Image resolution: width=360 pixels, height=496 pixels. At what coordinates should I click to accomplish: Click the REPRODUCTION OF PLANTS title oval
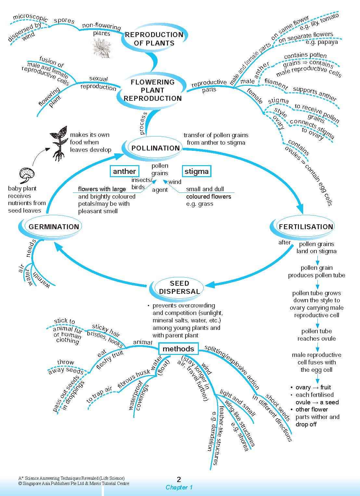point(154,39)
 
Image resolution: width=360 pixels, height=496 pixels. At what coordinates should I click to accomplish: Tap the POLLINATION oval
point(155,148)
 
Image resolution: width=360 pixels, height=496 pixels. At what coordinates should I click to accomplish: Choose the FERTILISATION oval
point(306,227)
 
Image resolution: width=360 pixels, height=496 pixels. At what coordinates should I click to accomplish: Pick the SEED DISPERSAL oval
point(179,287)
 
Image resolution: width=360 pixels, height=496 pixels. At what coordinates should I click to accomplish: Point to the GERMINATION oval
point(54,227)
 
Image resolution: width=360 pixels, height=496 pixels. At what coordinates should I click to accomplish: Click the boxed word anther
point(124,171)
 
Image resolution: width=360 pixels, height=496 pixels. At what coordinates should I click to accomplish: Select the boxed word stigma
point(196,171)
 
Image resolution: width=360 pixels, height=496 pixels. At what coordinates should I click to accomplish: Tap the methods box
point(178,349)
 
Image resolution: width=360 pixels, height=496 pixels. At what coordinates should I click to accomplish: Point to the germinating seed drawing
point(26,176)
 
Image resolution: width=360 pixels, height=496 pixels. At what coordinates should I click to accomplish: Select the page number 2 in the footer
point(179,479)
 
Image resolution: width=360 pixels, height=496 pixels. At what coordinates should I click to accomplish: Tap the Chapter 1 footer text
point(179,487)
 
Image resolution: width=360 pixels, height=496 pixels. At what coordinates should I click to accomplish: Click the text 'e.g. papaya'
point(322,42)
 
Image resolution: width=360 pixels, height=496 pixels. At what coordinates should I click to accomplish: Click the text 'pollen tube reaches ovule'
point(316,335)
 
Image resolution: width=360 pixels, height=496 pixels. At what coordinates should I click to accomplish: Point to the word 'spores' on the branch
point(64,20)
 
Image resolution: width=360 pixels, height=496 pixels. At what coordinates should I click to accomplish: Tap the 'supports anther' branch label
point(315,94)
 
